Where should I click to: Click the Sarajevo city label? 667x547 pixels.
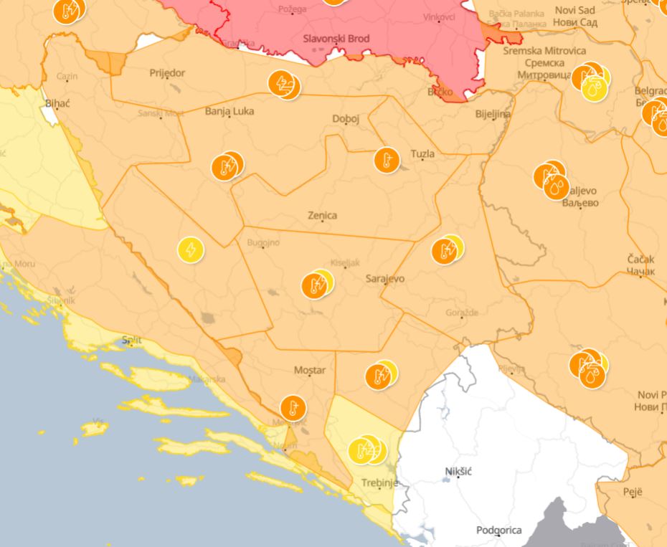pos(385,278)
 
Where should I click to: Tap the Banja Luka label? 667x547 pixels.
pos(229,111)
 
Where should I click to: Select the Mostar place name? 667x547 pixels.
pos(310,370)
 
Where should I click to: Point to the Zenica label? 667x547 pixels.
pos(322,215)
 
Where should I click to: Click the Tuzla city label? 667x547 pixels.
pos(422,153)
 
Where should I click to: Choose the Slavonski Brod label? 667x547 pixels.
pos(336,39)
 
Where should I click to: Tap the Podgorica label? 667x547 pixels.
pos(498,531)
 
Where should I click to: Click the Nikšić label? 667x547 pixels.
pos(458,471)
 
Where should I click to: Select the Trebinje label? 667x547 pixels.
pos(377,482)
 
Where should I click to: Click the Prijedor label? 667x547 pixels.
pos(167,73)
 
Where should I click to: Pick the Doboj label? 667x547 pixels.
pos(346,119)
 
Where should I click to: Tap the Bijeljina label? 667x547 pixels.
pos(493,114)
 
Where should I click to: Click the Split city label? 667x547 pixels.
pos(131,341)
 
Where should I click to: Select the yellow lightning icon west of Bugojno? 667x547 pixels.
pos(191,250)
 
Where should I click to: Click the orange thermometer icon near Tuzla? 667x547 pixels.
pos(387,160)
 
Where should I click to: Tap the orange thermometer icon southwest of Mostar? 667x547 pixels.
pos(293,408)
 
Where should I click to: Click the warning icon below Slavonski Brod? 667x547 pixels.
pos(284,85)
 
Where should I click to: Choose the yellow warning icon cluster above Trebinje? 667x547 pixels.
pos(366,450)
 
